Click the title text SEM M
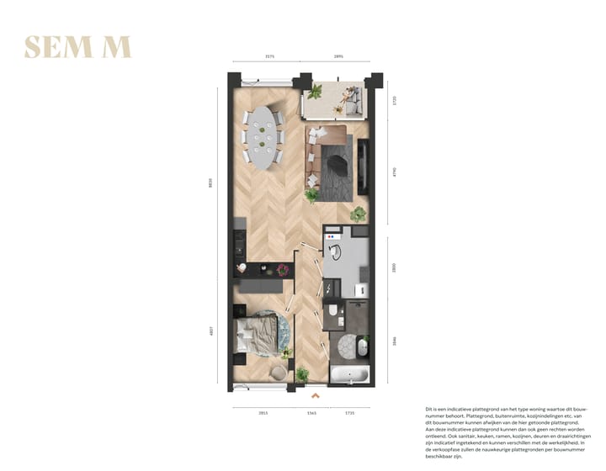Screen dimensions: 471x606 coord(77,47)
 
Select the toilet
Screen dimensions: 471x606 coord(335,313)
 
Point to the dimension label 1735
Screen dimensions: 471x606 coord(350,413)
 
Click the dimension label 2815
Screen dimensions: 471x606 coord(263,413)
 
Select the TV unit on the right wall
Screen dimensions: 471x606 coord(364,164)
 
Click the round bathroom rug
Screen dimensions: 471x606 coord(347,345)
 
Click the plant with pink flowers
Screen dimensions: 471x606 coord(284,269)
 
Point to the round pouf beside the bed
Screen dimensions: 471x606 coord(279,373)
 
